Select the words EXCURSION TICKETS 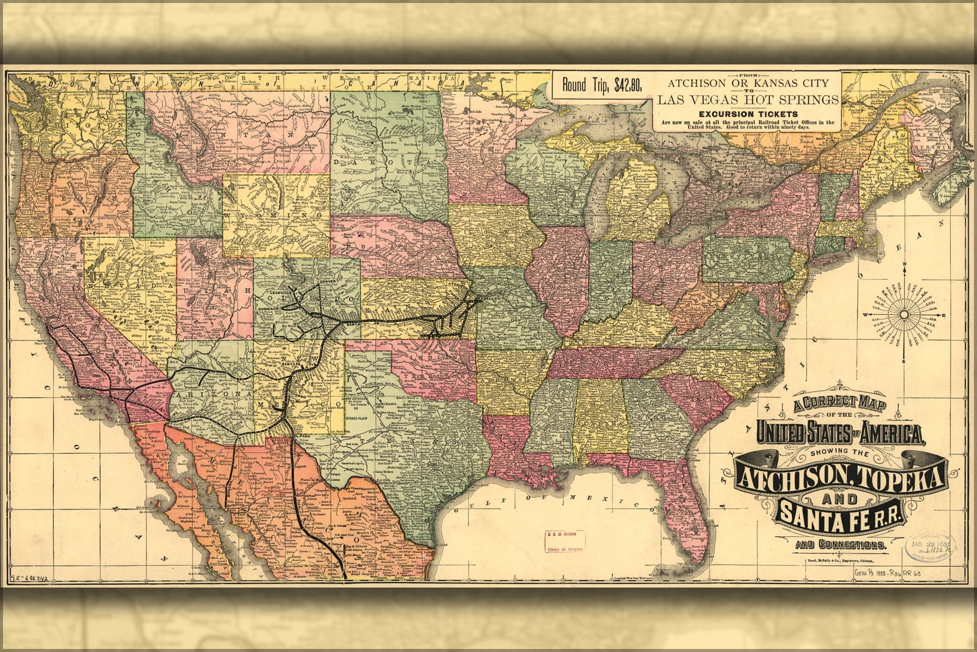tap(747, 113)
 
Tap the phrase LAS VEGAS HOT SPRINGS tap(747, 99)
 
